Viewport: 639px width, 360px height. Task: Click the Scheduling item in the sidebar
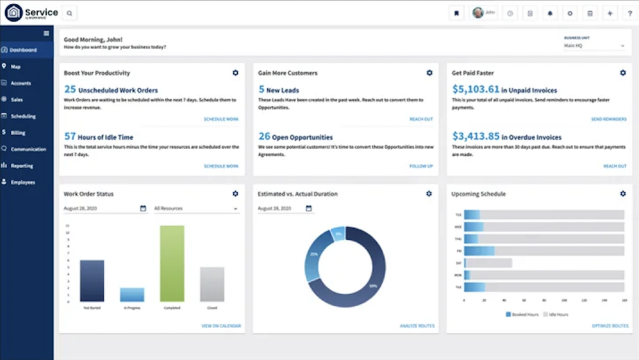coord(23,117)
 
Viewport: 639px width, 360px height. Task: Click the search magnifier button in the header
coord(69,13)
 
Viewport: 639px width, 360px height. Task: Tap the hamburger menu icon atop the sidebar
coord(46,33)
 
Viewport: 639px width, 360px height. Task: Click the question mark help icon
coord(630,13)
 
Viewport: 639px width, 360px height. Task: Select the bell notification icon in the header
coord(550,13)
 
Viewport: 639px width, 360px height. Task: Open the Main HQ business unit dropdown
coord(594,46)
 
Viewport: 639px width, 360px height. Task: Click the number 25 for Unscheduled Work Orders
coord(70,89)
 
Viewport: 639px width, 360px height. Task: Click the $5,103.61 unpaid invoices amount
coord(476,89)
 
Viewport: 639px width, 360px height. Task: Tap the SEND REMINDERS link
coord(608,120)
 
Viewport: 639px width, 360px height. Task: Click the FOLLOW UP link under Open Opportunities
coord(421,166)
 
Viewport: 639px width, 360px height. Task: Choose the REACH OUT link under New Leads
coord(421,120)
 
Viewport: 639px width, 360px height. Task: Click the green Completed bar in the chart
coord(172,263)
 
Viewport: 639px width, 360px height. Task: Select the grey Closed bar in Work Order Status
coord(212,284)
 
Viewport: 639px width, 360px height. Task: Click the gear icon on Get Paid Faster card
coord(622,73)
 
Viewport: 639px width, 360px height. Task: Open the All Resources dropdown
coord(196,208)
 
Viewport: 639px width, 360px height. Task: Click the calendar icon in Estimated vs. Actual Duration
coord(308,208)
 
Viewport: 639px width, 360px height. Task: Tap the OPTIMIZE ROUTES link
coord(610,326)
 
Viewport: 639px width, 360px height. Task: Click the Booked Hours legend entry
coord(522,314)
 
